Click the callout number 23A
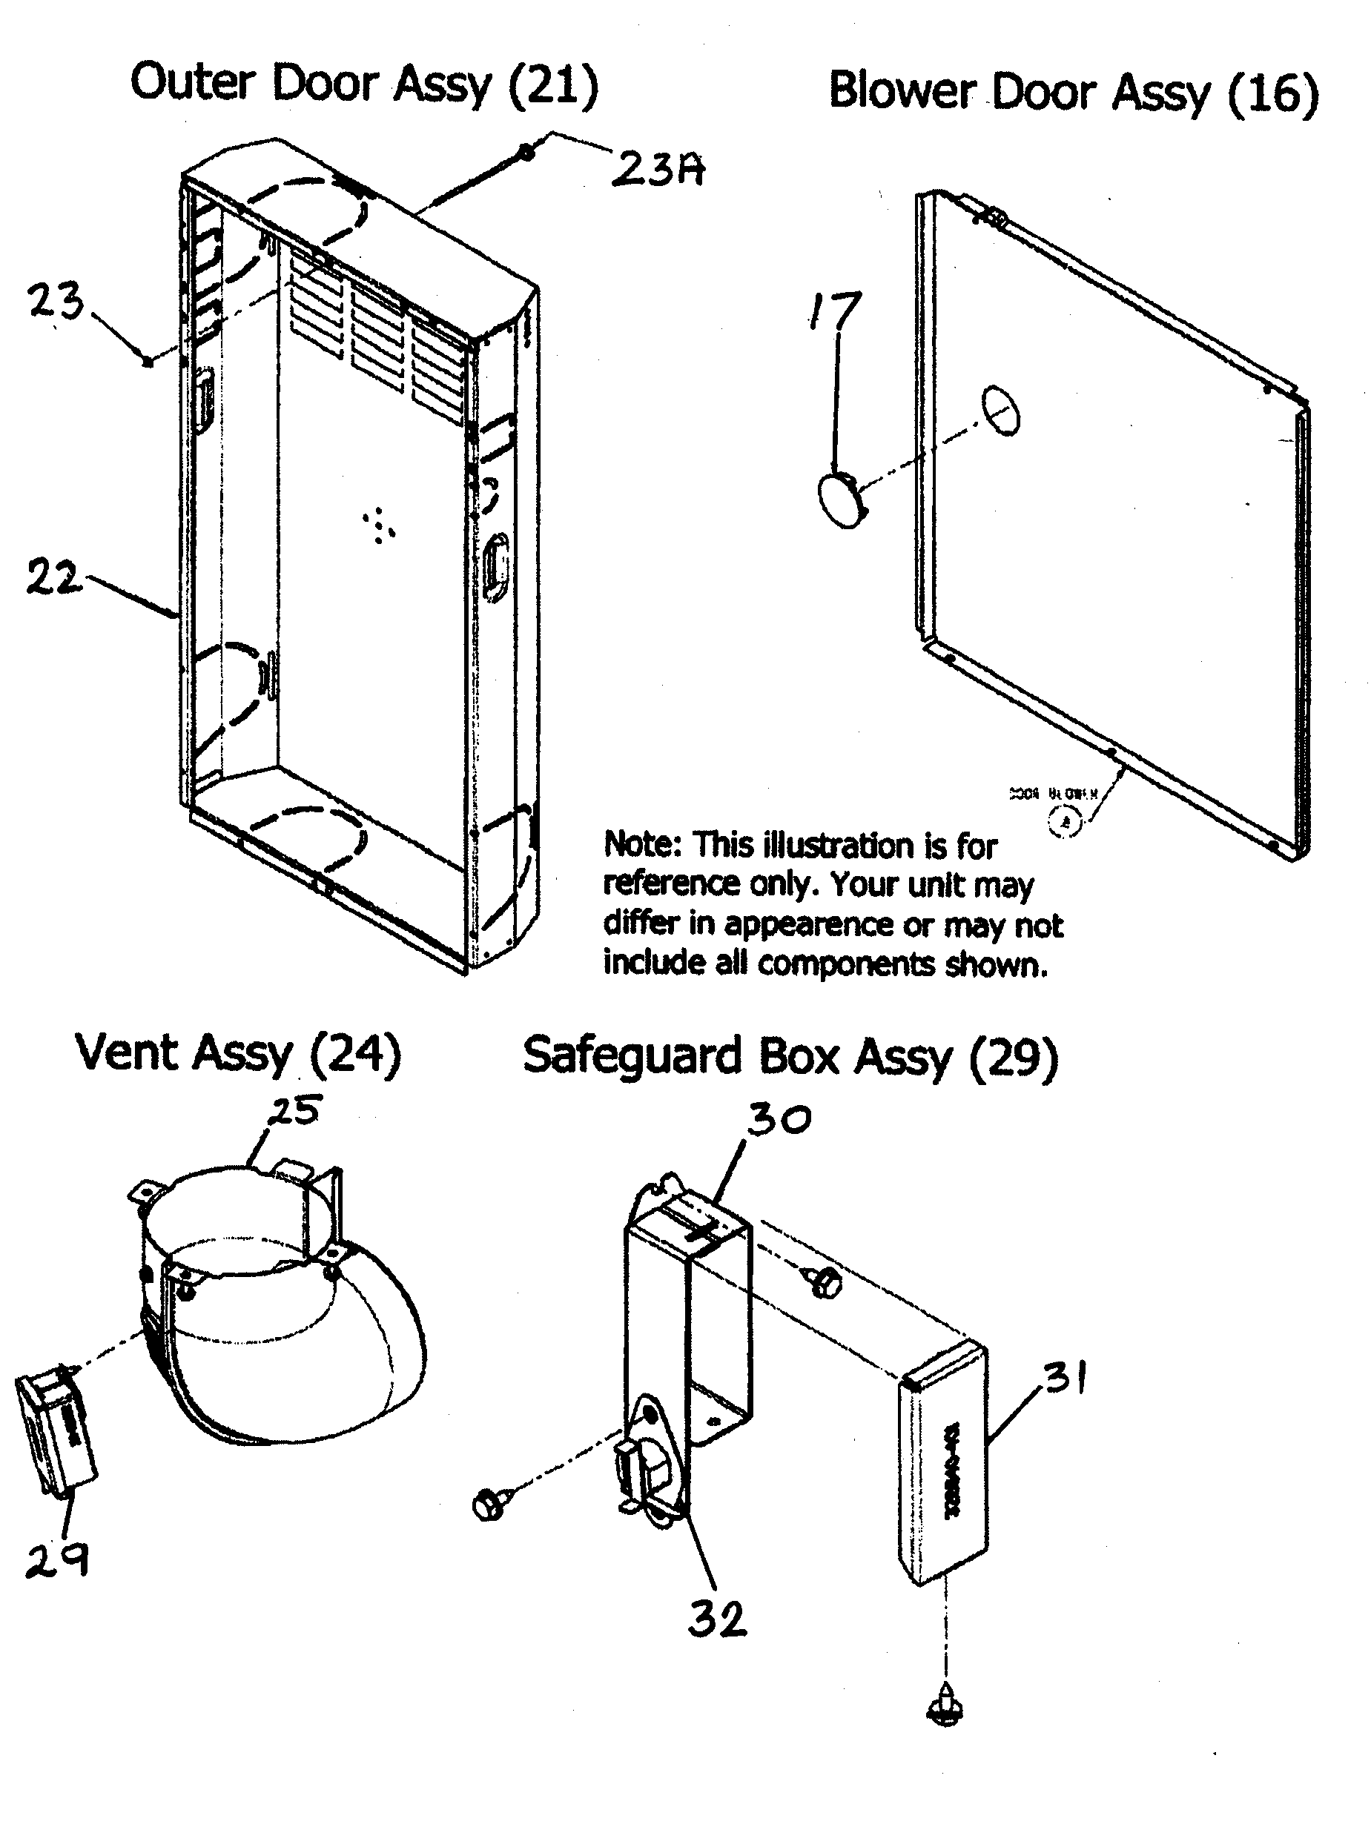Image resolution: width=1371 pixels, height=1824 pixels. [x=658, y=170]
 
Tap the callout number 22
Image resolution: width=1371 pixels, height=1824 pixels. [x=53, y=577]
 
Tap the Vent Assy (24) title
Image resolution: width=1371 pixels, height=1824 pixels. [x=237, y=1053]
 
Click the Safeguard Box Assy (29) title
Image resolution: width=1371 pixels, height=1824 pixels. [x=790, y=1056]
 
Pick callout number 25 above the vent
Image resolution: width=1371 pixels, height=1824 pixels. [x=295, y=1110]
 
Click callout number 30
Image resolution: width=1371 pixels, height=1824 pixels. [x=779, y=1119]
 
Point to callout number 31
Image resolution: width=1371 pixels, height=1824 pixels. [x=1065, y=1376]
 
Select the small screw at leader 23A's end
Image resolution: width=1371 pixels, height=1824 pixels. [x=525, y=152]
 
